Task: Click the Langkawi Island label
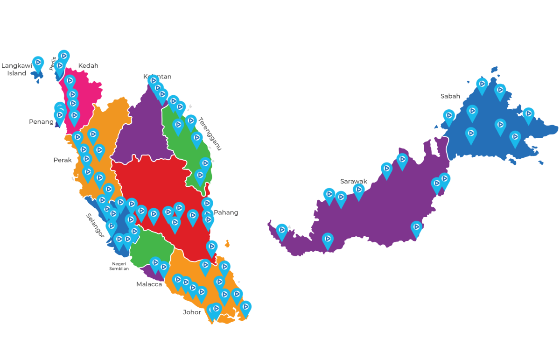tap(17, 70)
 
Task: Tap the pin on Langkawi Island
tap(38, 64)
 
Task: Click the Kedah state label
tap(88, 66)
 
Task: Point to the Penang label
tap(41, 122)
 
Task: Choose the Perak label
tap(63, 160)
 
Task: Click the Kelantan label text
tap(157, 77)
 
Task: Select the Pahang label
tap(226, 212)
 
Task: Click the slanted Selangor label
tap(95, 226)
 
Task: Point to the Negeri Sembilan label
tap(119, 266)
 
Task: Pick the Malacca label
tap(149, 284)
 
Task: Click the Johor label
tap(192, 312)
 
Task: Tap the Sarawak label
tap(353, 181)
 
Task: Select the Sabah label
tap(450, 96)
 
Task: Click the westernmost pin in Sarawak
tap(282, 231)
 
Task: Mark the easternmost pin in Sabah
tap(528, 114)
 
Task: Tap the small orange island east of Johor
tap(227, 244)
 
